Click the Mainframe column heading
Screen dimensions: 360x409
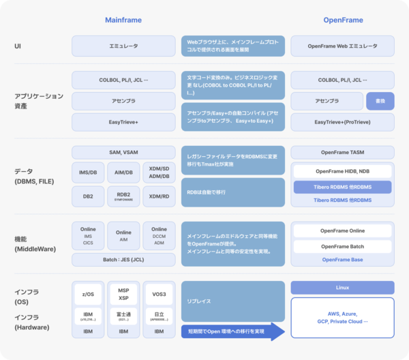pyautogui.click(x=123, y=20)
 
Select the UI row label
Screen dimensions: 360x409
pyautogui.click(x=18, y=46)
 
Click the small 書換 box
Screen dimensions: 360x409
pyautogui.click(x=380, y=101)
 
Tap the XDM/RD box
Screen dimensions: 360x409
pyautogui.click(x=159, y=196)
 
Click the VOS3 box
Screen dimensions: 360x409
pyautogui.click(x=159, y=293)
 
